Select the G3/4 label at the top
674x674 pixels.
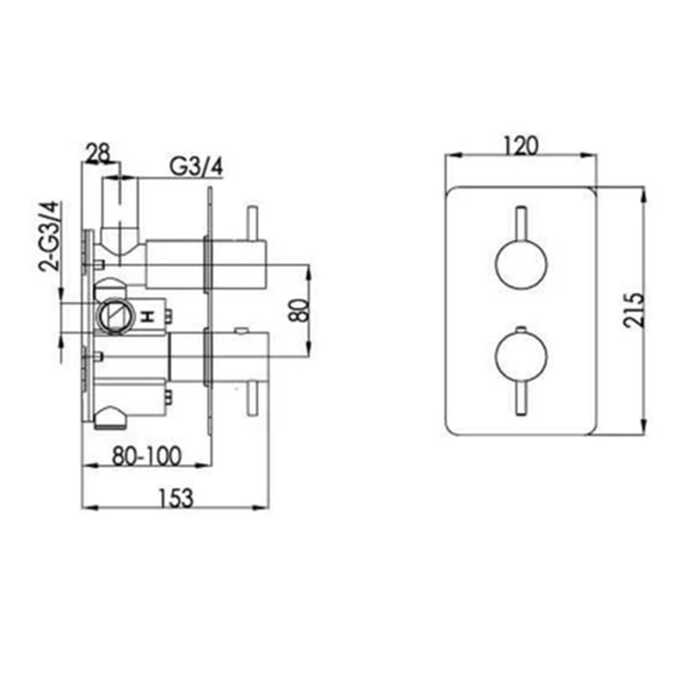[x=195, y=166]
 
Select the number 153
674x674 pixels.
[x=177, y=498]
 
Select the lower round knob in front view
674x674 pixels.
[x=520, y=357]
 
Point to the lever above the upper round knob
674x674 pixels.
[x=520, y=222]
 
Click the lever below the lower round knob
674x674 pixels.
[x=520, y=398]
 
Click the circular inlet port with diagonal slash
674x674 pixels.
[x=113, y=315]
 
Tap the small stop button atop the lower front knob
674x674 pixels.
[x=520, y=330]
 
